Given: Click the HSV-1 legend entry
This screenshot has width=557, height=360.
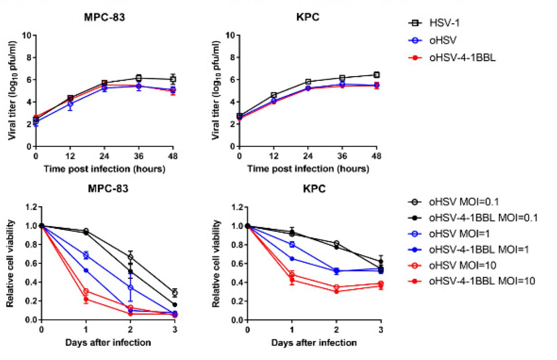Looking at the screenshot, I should coord(444,23).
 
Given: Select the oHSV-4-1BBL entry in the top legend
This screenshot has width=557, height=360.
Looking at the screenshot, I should coord(462,58).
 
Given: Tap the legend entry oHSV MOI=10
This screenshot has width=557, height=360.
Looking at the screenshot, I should coord(462,265).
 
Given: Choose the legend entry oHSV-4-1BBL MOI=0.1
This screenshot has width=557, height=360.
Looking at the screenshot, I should coord(483,218).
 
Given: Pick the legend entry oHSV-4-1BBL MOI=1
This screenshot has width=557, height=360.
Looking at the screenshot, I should coord(478,250).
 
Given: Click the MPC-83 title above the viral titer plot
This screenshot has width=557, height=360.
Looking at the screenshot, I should coord(104,17).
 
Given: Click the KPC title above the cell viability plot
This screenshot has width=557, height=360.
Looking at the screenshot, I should coord(314,189).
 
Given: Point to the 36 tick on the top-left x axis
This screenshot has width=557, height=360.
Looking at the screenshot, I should coord(139,156).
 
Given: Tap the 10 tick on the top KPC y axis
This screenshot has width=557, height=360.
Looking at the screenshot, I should coord(230,35).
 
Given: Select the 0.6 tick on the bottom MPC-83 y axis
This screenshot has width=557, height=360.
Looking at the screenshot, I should coord(32,263).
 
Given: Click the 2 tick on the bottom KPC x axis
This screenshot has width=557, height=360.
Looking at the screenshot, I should coord(336,330).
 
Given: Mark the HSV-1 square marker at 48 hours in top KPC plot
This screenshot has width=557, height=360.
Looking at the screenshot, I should coord(377,75).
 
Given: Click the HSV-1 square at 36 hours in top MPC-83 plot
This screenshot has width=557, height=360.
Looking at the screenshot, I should coord(139,78).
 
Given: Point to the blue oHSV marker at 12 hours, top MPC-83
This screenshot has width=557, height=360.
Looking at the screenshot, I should coord(70,104).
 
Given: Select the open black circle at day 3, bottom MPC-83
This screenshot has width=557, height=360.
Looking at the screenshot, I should coord(175,293).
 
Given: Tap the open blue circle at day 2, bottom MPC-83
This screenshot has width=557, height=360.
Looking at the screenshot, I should coord(130,288).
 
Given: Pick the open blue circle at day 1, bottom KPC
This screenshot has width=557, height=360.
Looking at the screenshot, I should coord(292,244).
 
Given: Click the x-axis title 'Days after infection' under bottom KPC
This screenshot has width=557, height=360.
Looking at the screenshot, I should coord(314,343).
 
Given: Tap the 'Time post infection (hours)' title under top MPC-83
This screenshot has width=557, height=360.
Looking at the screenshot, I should coord(104,169).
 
